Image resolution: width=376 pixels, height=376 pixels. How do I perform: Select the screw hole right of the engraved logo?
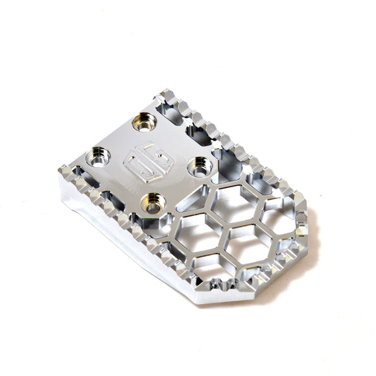point(198,167)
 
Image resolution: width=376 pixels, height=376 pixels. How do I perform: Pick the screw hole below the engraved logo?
point(152,202)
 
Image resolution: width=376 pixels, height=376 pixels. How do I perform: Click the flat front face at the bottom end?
point(220,295)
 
